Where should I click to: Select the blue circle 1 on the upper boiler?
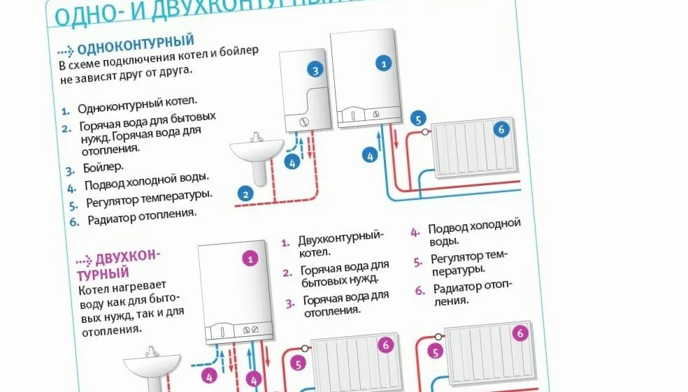click(x=382, y=64)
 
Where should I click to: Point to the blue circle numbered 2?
click(x=245, y=194)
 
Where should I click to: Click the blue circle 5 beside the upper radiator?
click(x=418, y=119)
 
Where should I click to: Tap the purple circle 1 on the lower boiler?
click(x=250, y=258)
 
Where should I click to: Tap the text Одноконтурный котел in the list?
click(x=137, y=108)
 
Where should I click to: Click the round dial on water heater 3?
click(x=303, y=122)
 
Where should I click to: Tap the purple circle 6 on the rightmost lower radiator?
click(x=519, y=333)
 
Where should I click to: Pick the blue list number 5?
click(x=73, y=205)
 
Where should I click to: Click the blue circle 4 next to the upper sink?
click(x=292, y=163)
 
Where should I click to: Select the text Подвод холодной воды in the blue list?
click(x=147, y=184)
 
